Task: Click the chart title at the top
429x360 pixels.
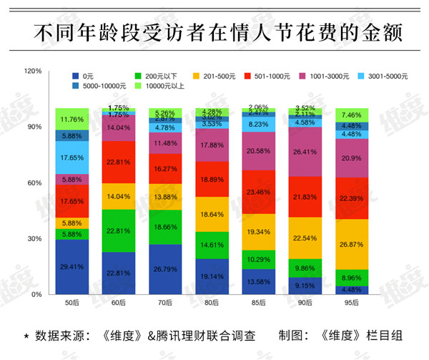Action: coord(214,32)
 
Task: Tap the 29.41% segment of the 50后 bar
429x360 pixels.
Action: coord(72,266)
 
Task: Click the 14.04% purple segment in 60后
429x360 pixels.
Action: coord(119,128)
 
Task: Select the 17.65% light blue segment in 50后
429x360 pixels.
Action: coord(72,157)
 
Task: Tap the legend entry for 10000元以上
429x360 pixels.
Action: coord(158,86)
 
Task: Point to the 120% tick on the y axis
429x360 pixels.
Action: coord(33,72)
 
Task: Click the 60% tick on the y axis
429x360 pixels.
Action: coord(34,183)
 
